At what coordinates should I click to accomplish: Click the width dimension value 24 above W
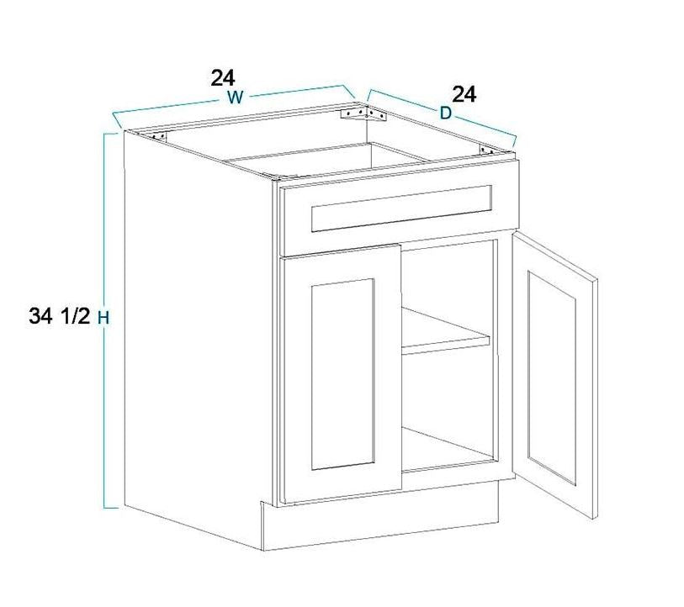coord(223,78)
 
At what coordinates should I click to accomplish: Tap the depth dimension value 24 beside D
coord(464,94)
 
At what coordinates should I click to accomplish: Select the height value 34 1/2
coord(60,316)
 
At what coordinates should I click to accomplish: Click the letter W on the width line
coord(235,98)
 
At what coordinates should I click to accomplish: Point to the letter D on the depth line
coord(445,113)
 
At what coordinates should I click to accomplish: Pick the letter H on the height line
coord(103,319)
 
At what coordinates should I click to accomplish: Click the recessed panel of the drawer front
coord(402,208)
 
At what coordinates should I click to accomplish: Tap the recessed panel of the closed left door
coord(343,374)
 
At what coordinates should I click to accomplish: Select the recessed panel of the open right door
coord(552,377)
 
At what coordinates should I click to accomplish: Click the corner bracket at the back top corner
coord(363,113)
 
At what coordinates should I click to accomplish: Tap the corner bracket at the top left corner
coord(159,136)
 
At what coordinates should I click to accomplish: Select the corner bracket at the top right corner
coord(486,150)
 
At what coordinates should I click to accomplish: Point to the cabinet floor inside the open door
coord(446,450)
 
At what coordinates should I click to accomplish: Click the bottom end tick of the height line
coord(111,508)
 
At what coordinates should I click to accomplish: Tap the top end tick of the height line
coord(111,134)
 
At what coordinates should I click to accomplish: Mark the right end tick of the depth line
coord(514,142)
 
